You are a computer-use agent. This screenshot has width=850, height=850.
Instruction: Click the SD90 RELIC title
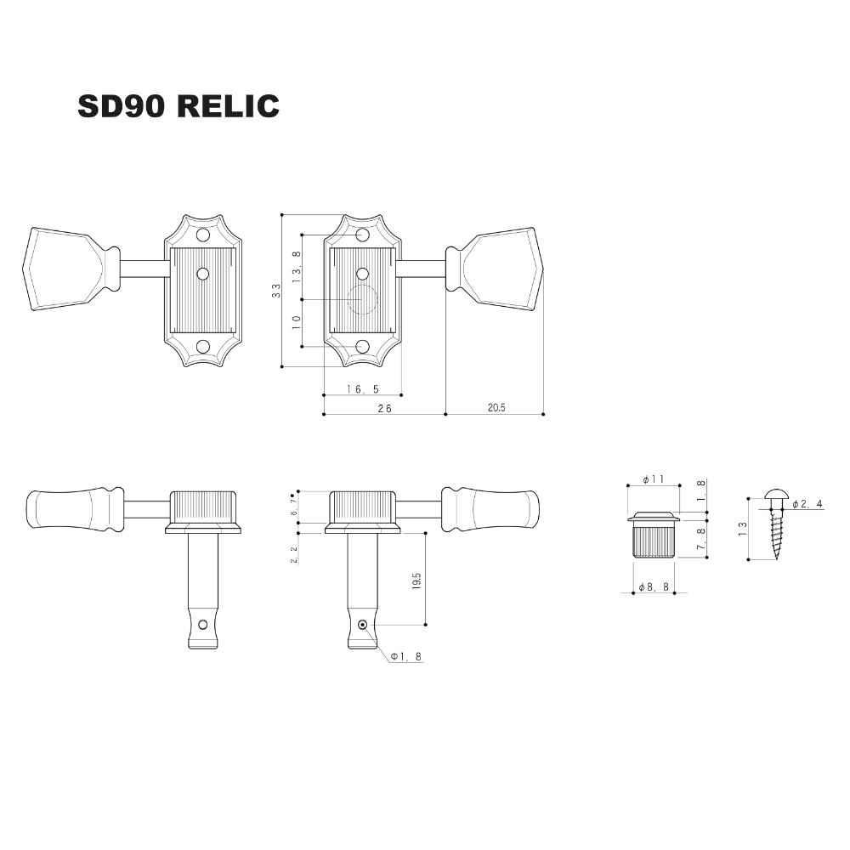tap(178, 106)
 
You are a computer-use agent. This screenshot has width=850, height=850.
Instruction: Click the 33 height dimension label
tap(276, 291)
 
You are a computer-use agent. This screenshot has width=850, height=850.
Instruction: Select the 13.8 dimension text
tap(296, 267)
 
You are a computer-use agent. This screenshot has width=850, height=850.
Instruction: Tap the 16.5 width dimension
tap(363, 389)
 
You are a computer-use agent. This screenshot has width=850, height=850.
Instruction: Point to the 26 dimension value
tap(384, 409)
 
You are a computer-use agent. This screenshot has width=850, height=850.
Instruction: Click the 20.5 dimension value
tap(496, 408)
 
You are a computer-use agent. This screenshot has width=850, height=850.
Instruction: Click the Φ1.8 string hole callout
tap(406, 656)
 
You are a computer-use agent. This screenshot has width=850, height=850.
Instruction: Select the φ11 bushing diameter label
tap(653, 479)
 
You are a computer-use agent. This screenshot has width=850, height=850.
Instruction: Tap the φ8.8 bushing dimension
tap(654, 587)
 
